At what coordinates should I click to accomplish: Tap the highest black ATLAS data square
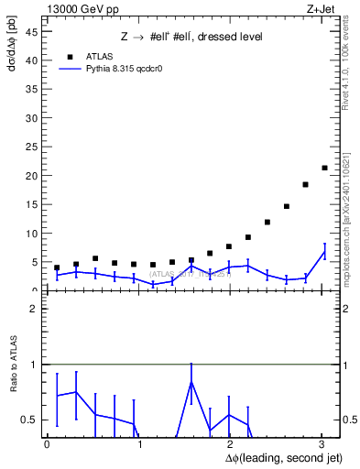click(324, 168)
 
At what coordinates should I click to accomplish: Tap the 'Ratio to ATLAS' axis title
click(13, 365)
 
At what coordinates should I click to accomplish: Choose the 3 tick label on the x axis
click(322, 444)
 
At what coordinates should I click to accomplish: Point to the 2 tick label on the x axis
click(230, 444)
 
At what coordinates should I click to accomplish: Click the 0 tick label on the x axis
click(47, 444)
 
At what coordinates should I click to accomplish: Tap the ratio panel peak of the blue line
click(191, 381)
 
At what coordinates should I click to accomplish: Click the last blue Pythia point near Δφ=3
click(324, 252)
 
